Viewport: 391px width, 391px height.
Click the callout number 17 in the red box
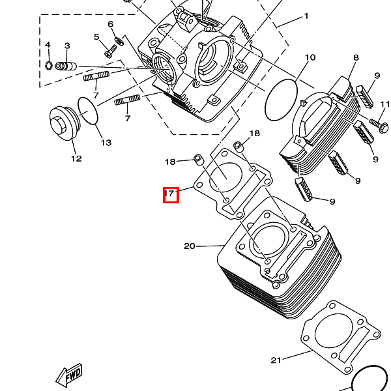click(170, 194)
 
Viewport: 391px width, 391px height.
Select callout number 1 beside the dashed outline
click(306, 16)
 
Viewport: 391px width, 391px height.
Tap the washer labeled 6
click(119, 40)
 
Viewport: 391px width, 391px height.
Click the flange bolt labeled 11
click(377, 121)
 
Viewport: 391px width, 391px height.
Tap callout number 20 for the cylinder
click(190, 246)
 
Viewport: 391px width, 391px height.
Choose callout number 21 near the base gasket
click(276, 360)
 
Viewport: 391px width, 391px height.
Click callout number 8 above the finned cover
click(356, 58)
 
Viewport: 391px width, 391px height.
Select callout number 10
click(310, 57)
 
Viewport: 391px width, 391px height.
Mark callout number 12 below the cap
click(76, 158)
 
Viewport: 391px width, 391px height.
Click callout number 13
click(106, 143)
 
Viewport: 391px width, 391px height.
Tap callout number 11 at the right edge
click(385, 104)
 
